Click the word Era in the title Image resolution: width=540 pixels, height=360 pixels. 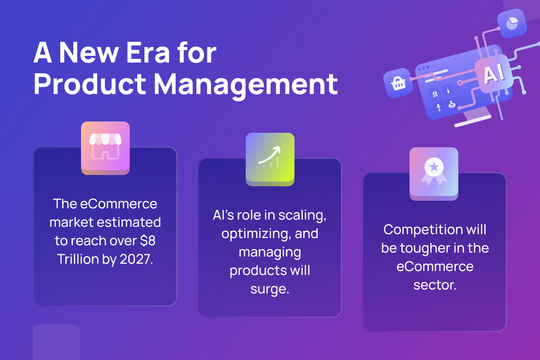(x=148, y=53)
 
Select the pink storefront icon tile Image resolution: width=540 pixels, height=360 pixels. (x=105, y=148)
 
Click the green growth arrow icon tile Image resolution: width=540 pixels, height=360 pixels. (x=270, y=159)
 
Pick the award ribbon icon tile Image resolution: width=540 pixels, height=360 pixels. (x=434, y=174)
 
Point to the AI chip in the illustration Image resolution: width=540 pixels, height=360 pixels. (x=494, y=73)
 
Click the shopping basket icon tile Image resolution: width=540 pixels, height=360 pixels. (x=398, y=83)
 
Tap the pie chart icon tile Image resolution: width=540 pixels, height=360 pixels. (x=512, y=23)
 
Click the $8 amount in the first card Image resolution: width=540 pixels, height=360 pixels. (x=148, y=241)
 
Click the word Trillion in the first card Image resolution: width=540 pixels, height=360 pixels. (x=78, y=259)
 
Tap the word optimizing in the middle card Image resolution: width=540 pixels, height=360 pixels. (x=254, y=234)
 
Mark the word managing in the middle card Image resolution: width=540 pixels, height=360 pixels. (x=270, y=252)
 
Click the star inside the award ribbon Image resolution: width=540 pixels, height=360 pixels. (x=434, y=166)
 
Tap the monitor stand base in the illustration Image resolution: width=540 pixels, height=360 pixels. (x=473, y=121)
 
